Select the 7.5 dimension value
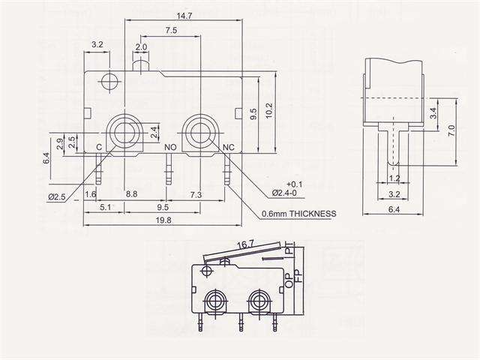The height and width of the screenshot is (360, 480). [170, 31]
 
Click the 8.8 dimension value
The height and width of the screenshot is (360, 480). [130, 194]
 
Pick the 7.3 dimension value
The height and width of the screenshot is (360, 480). [196, 194]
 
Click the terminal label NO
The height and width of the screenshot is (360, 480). [170, 147]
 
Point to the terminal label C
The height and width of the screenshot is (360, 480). [98, 147]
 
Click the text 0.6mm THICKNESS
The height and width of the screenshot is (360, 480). [298, 213]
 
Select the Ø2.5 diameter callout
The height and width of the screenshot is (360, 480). [58, 196]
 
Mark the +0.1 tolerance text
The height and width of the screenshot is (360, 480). [294, 184]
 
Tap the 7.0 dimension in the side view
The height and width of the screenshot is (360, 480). [451, 130]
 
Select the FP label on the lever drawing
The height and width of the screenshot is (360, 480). [298, 274]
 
